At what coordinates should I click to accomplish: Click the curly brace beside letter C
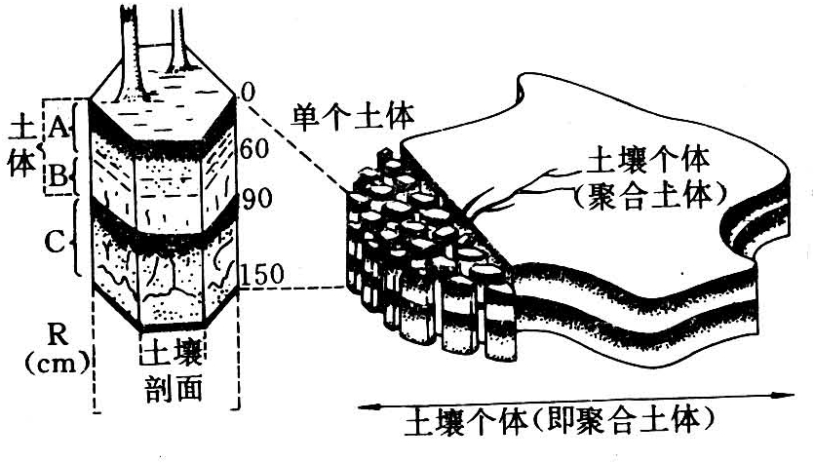click(x=78, y=241)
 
